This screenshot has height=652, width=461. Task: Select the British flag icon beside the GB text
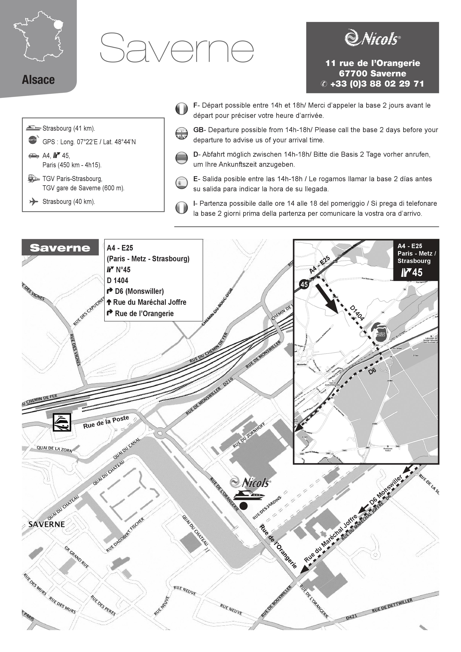[181, 133]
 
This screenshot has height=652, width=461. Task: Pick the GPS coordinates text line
[89, 142]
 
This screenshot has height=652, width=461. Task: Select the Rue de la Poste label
[106, 422]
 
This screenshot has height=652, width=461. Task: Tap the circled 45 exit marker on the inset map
[304, 284]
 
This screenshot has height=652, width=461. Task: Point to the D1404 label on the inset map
[357, 313]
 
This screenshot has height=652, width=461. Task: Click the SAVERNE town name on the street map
[47, 524]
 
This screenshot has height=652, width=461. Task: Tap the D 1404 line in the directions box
[117, 281]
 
